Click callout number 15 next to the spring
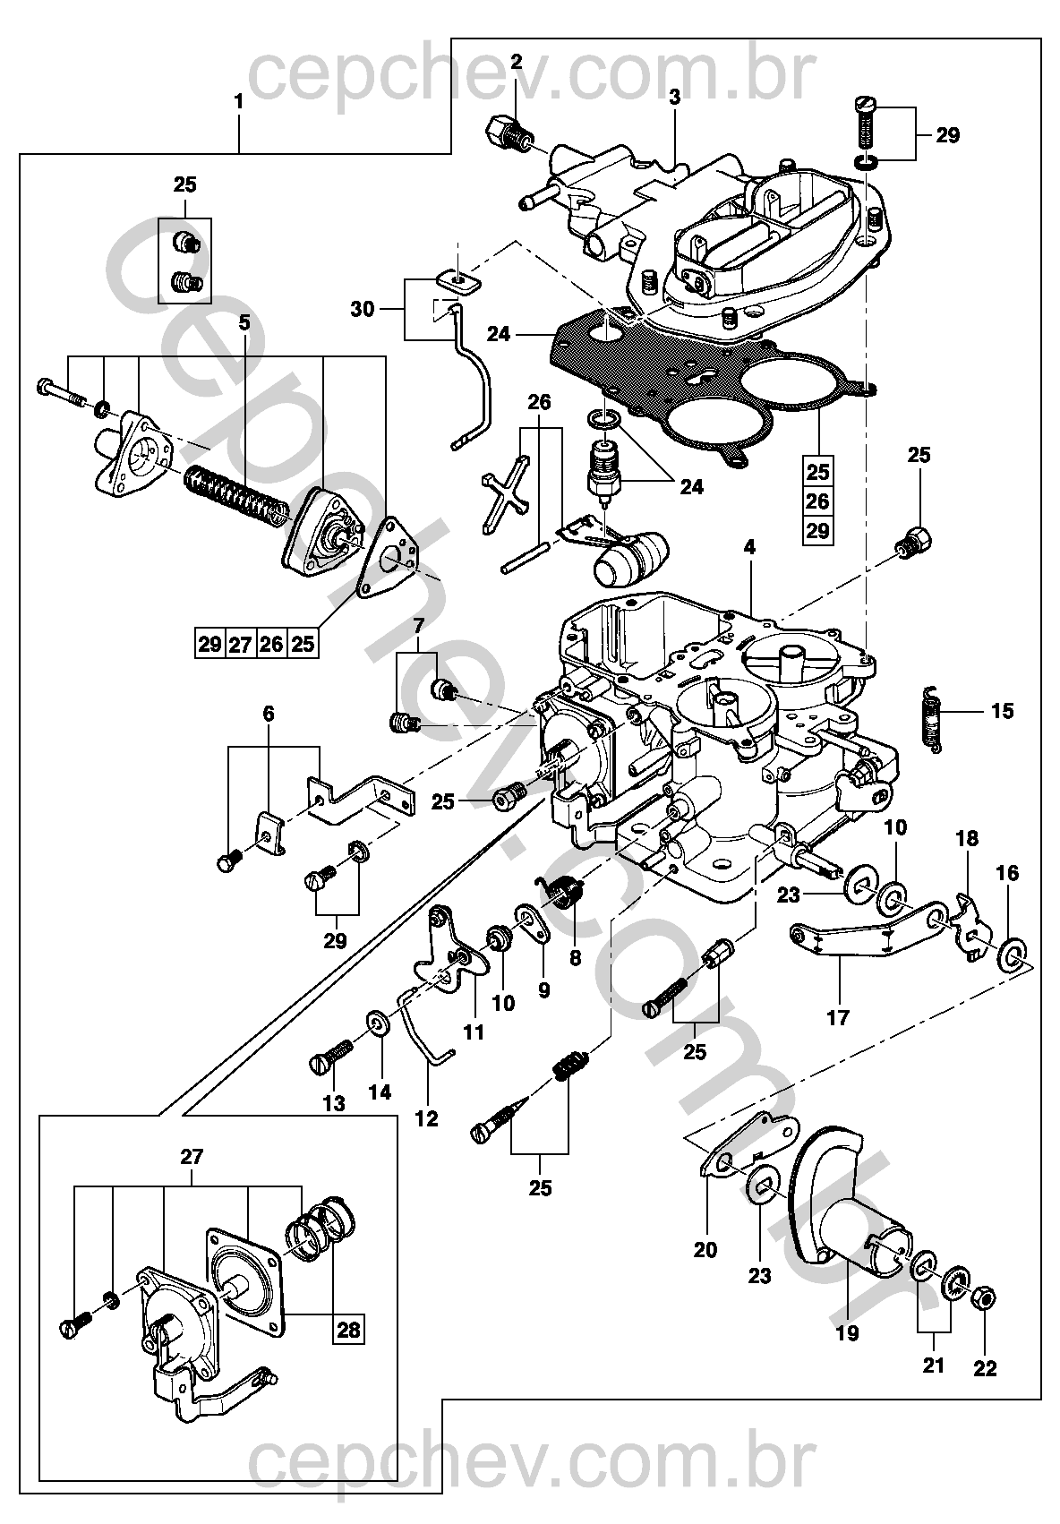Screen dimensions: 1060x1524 (x=1002, y=711)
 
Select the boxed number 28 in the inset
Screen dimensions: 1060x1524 (x=348, y=1329)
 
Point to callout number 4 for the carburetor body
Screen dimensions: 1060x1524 (x=749, y=547)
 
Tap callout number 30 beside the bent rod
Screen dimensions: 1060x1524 (x=362, y=310)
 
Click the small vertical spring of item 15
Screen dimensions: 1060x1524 (x=931, y=720)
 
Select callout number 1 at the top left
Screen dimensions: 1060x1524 (x=238, y=102)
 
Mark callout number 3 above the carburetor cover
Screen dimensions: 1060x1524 (x=673, y=97)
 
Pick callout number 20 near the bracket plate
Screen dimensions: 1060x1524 (x=705, y=1250)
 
